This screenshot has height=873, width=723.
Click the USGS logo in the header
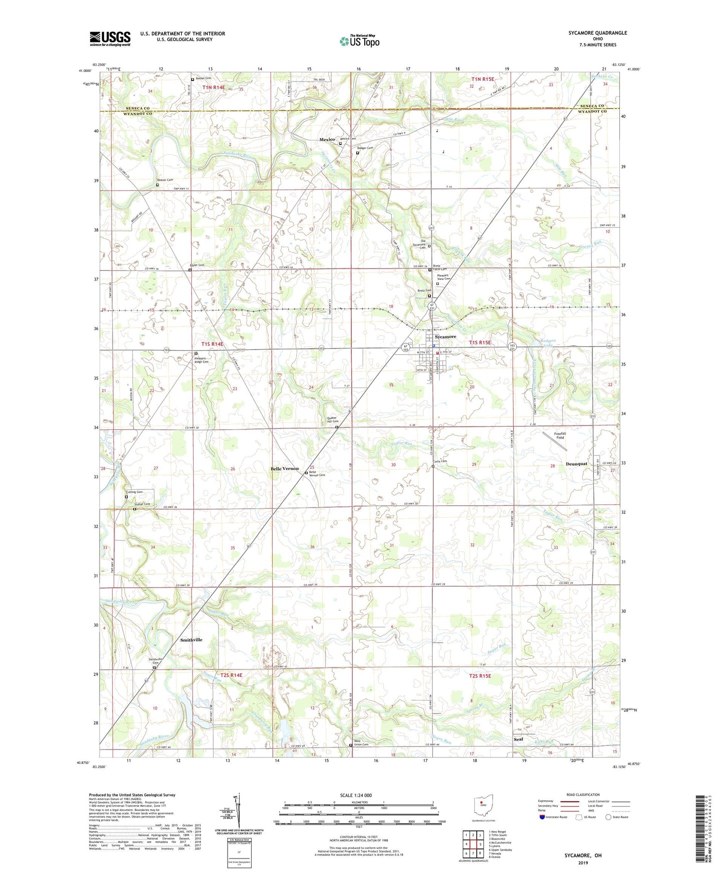point(110,38)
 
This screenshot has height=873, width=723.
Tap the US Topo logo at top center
point(359,41)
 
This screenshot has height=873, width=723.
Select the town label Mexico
point(327,139)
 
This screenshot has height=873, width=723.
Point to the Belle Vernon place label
point(284,468)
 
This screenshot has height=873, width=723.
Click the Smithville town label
point(191,639)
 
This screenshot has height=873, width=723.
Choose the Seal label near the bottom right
point(518,739)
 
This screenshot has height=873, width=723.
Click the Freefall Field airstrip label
point(560,435)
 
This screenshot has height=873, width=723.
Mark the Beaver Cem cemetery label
point(165,180)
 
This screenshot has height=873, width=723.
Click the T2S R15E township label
point(480,676)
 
